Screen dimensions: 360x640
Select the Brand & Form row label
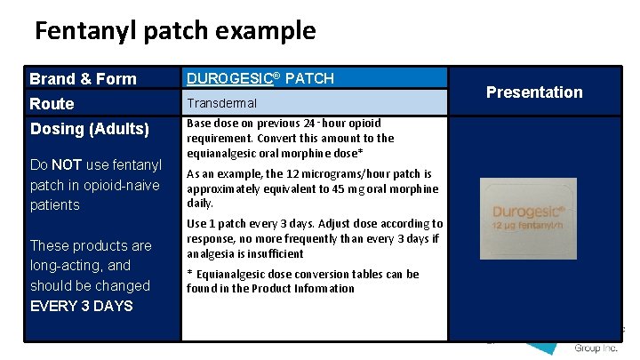click(x=83, y=79)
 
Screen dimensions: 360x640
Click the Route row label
click(x=52, y=104)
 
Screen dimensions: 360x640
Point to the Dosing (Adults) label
click(x=89, y=129)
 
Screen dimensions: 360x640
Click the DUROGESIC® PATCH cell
click(x=260, y=78)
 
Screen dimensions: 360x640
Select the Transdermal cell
click(x=221, y=103)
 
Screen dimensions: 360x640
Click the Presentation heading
click(x=534, y=92)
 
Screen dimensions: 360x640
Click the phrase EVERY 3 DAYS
click(x=81, y=306)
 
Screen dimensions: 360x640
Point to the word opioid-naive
click(x=121, y=185)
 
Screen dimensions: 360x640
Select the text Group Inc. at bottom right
click(x=598, y=348)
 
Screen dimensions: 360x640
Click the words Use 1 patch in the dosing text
click(x=213, y=224)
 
